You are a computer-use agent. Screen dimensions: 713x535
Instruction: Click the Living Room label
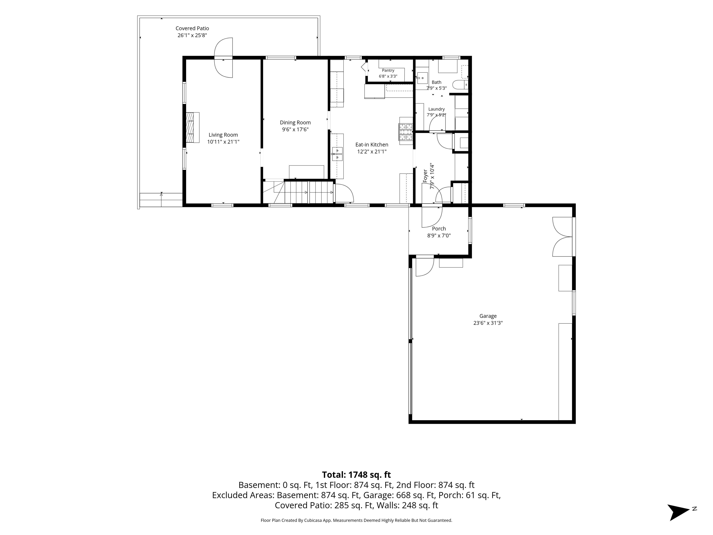223,135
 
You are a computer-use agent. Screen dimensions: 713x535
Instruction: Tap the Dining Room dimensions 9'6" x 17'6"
295,129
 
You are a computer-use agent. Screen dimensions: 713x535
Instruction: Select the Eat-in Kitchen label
372,144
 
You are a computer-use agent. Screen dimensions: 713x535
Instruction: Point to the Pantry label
388,70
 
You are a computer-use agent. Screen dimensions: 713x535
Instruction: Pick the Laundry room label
436,109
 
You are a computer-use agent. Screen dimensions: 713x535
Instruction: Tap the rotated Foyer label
425,176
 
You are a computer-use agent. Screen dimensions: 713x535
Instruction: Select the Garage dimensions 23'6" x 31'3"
488,323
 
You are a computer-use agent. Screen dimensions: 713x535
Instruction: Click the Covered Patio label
192,28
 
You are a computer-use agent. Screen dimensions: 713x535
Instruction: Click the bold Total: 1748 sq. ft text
356,475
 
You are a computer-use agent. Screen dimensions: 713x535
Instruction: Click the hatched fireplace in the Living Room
192,127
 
